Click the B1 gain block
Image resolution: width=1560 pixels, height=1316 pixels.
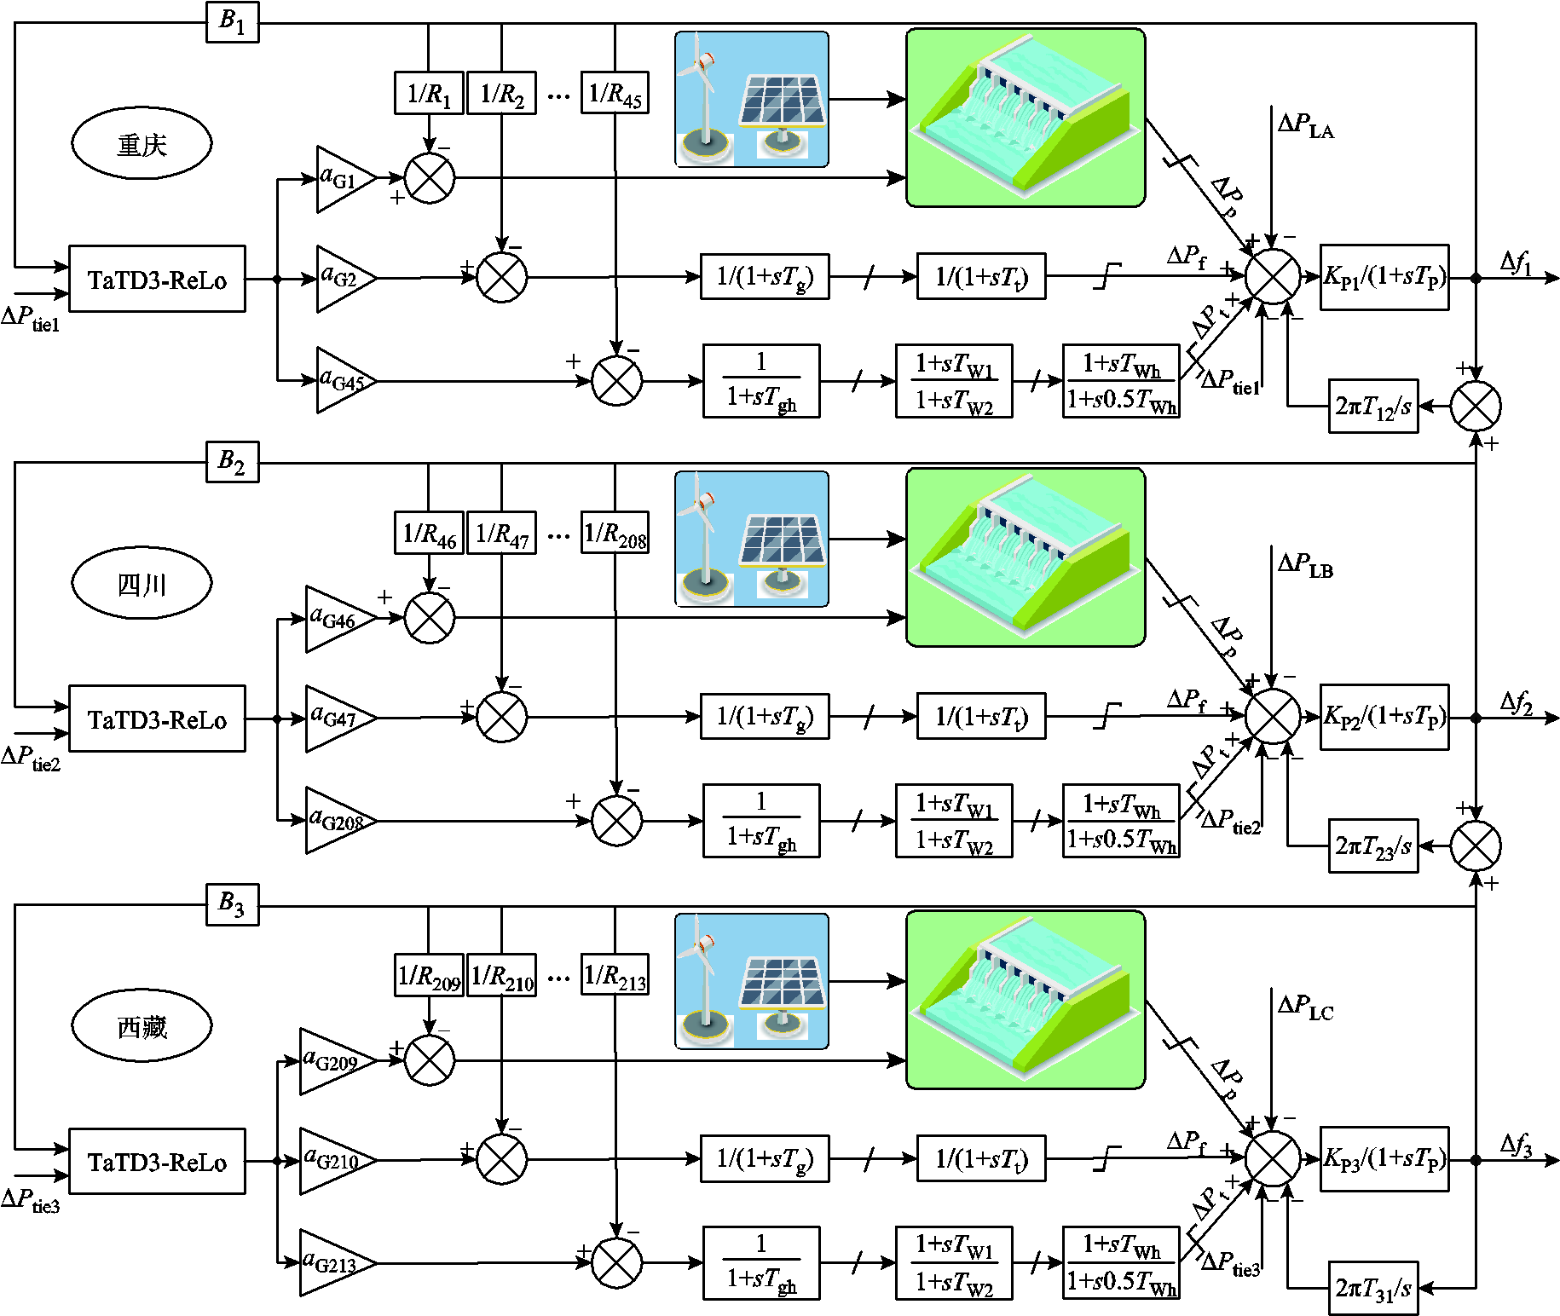coord(232,22)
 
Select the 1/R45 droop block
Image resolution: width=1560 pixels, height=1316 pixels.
coord(615,93)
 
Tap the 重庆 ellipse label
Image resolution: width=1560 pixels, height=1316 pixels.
coord(142,144)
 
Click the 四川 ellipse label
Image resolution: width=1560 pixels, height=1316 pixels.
coord(142,584)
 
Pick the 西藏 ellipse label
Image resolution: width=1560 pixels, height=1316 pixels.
coord(142,1026)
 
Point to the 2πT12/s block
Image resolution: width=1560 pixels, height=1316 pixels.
coord(1372,407)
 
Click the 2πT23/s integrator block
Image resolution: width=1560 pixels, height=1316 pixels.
coord(1372,846)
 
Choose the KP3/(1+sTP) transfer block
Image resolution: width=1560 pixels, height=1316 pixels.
coord(1384,1159)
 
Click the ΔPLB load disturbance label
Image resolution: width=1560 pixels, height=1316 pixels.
coord(1305,565)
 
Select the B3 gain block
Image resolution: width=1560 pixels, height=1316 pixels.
coord(232,904)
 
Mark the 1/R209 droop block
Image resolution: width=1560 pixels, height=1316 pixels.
coord(429,975)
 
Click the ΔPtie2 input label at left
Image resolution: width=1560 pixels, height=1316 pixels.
coord(32,757)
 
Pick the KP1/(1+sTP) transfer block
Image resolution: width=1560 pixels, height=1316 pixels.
coord(1384,277)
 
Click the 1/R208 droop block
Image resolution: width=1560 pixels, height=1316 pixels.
coord(615,534)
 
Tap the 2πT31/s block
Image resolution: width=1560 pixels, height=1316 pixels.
coord(1372,1289)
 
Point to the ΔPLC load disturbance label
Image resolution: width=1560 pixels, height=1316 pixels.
coord(1305,1007)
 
